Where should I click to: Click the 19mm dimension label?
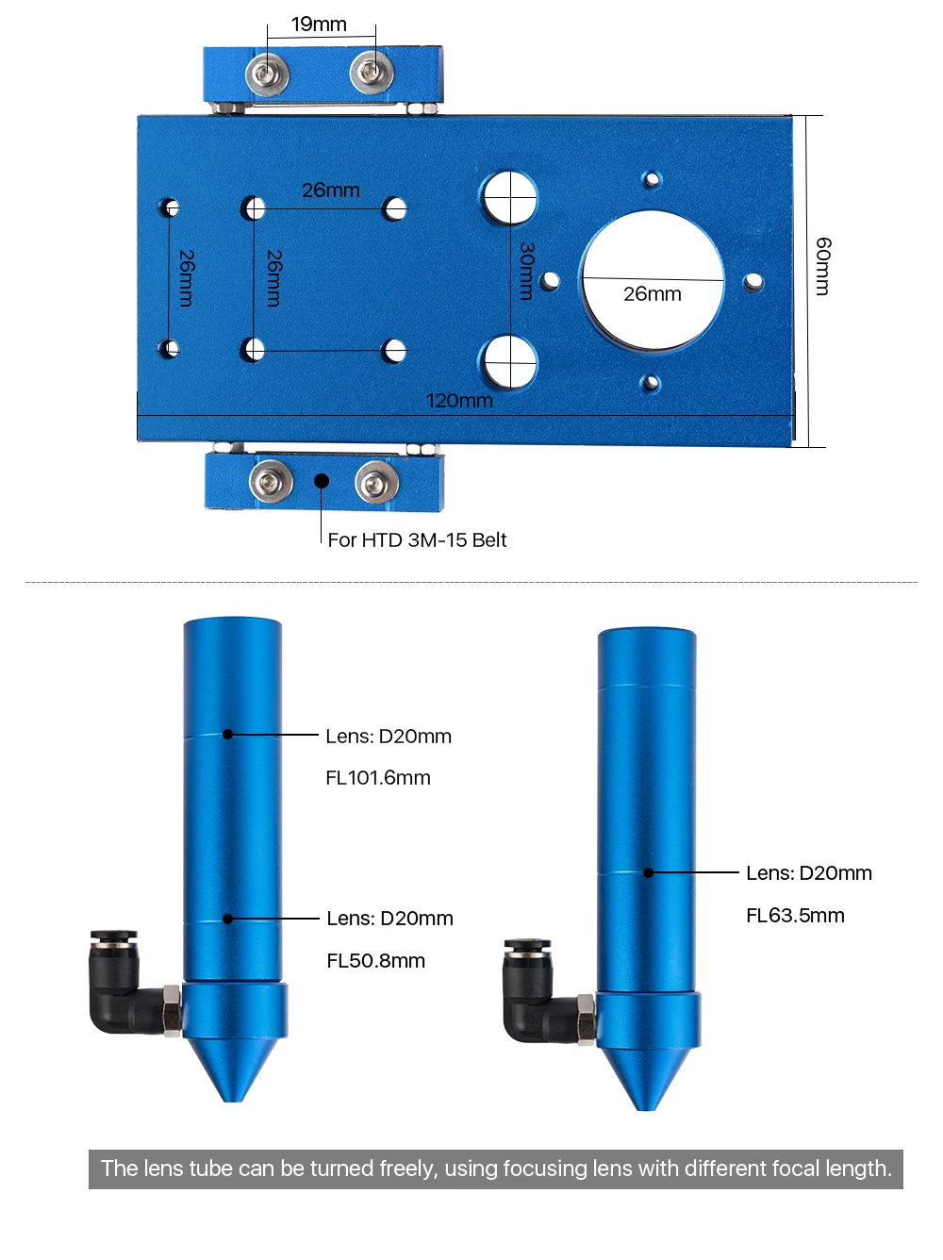(319, 25)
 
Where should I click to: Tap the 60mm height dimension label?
(823, 266)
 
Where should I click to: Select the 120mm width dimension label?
(459, 401)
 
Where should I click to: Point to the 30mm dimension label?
(527, 271)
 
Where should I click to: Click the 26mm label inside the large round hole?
(653, 294)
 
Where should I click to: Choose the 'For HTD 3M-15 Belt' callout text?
(417, 540)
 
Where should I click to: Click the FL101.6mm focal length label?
(378, 778)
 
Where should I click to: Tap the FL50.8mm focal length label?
(376, 961)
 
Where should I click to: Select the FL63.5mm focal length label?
(795, 916)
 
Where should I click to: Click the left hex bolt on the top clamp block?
(267, 74)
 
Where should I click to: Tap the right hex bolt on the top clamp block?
(372, 71)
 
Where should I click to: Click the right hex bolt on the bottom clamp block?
(376, 484)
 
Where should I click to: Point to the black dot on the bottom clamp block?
(322, 481)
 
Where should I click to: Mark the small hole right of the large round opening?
(753, 281)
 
